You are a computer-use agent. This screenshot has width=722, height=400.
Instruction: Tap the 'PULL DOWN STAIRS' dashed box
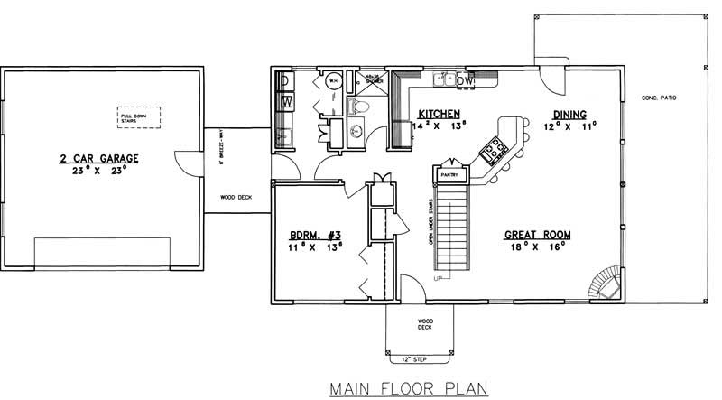[138, 117]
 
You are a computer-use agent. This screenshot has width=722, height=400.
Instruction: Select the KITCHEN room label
[440, 115]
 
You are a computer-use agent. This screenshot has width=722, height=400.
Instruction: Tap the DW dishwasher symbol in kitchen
[465, 82]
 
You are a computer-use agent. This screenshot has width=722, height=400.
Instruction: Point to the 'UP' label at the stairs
[439, 277]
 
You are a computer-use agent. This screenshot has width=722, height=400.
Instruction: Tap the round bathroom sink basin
[356, 133]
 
